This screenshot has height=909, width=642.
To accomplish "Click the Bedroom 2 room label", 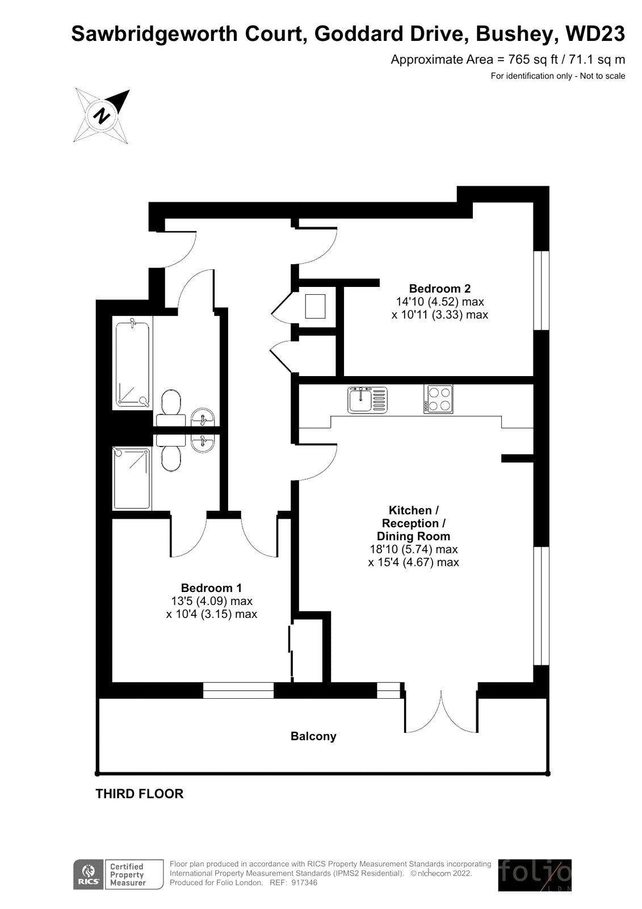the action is [439, 289].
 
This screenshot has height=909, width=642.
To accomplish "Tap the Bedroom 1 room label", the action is [211, 587].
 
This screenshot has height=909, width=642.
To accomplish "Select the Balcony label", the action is [313, 736].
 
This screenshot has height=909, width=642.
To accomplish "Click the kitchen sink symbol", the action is [367, 400].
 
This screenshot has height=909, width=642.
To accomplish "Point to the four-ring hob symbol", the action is [438, 399].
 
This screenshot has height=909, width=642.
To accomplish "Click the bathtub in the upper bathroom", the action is [133, 363].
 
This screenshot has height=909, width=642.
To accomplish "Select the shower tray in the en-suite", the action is [132, 478].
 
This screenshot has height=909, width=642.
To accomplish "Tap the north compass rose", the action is [102, 116].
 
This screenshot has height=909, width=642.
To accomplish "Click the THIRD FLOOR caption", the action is [140, 793].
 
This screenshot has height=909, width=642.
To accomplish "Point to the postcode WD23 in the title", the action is [595, 34].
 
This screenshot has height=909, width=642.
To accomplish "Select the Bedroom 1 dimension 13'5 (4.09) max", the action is [212, 601].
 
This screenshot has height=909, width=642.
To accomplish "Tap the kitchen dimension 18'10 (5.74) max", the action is [414, 549].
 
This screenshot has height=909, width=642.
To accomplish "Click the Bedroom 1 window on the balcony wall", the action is [238, 690].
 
